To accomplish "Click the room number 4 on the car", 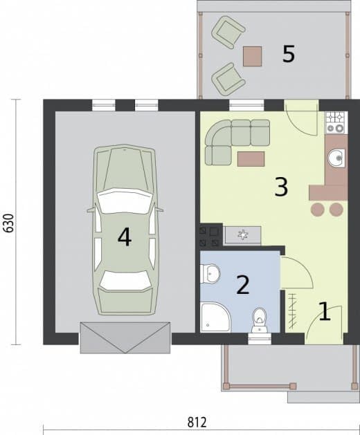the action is (125, 237).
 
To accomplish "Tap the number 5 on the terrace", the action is (288, 54).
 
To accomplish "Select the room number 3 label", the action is (281, 187).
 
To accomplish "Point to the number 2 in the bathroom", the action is (243, 285).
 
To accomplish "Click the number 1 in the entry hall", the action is (325, 311).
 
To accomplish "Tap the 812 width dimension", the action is (197, 423).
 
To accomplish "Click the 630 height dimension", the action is (9, 223).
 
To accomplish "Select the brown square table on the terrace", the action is (252, 56).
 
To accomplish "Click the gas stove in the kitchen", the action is (336, 122).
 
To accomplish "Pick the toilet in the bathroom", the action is (260, 320).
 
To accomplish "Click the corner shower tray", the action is (215, 317).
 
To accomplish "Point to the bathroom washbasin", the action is (210, 274).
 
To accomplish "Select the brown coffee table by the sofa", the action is (251, 159).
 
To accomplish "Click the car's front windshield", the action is (125, 201).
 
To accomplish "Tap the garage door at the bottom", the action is (125, 337).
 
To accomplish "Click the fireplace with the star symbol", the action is (242, 235).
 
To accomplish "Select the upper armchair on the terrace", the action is (228, 33).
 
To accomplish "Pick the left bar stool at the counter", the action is (318, 210).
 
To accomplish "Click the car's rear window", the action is (125, 281).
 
